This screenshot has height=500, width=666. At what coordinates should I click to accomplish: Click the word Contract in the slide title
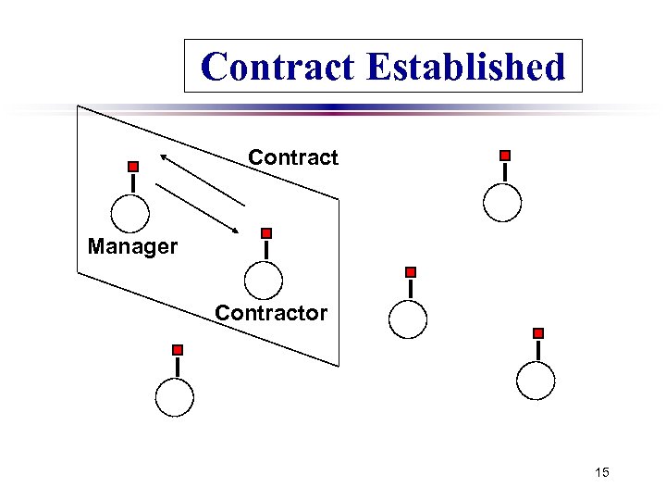(x=278, y=67)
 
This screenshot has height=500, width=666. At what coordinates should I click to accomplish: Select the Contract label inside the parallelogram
(x=293, y=158)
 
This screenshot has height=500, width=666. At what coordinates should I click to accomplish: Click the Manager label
(x=132, y=247)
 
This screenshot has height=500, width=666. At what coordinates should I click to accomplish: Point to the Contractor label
(x=271, y=313)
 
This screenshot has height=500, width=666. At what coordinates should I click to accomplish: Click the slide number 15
(x=602, y=473)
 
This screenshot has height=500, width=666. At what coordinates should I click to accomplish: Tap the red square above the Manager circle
(x=133, y=167)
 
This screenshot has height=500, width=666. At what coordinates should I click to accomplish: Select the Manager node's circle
(x=130, y=213)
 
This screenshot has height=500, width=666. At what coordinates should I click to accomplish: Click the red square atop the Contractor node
(x=266, y=233)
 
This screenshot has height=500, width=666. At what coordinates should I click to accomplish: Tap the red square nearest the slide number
(x=538, y=333)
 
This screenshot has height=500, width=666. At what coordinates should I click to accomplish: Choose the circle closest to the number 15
(x=536, y=380)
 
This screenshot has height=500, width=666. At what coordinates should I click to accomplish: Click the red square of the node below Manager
(x=178, y=350)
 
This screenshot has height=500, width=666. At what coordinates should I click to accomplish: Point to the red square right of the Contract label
(x=505, y=156)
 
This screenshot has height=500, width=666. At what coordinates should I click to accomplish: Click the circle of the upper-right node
(x=502, y=202)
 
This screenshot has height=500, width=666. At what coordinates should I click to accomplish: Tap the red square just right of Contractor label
(x=411, y=272)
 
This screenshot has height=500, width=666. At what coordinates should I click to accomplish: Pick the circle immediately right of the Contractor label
(x=408, y=319)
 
